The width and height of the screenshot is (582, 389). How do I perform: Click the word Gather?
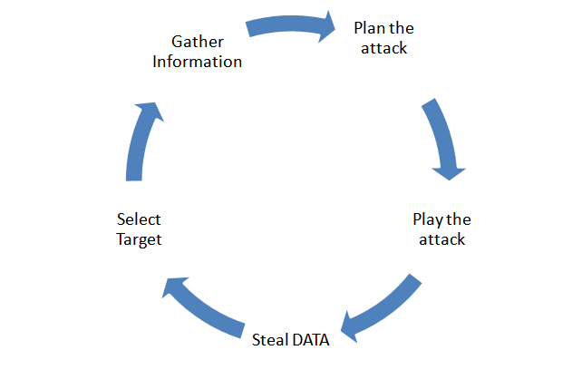(x=197, y=43)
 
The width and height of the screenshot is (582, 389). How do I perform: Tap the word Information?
(x=197, y=63)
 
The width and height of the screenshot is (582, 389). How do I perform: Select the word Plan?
(x=368, y=28)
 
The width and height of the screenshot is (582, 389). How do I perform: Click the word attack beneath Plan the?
(x=383, y=48)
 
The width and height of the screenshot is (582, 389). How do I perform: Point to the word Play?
(x=429, y=220)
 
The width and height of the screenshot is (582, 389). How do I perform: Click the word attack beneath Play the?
(x=441, y=240)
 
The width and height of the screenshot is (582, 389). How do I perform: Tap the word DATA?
(x=310, y=342)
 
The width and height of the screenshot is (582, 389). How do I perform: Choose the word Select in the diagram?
(x=139, y=220)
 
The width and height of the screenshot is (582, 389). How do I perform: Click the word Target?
(x=139, y=240)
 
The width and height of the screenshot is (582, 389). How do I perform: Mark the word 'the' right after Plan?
(x=402, y=28)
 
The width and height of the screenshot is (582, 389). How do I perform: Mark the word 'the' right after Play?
(x=459, y=220)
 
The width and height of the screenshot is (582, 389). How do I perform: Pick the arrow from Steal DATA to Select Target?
(x=204, y=304)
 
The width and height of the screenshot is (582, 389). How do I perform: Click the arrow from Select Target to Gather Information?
(x=141, y=141)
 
